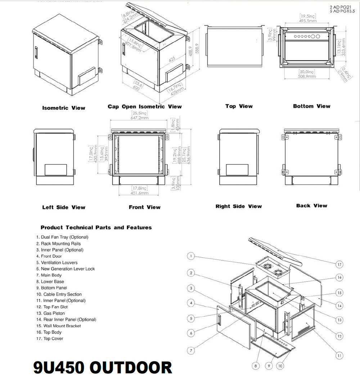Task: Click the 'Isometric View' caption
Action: (x=64, y=108)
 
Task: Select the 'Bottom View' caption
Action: (x=311, y=106)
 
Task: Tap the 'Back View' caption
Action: (x=311, y=206)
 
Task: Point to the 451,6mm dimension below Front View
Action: (x=139, y=193)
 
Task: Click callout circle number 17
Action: (x=339, y=264)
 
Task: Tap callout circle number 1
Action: (x=192, y=257)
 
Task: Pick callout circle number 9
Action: (x=268, y=366)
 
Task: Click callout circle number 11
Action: (x=339, y=356)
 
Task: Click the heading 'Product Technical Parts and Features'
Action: (x=96, y=228)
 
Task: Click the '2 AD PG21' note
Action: (x=340, y=7)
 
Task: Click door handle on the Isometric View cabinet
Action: (x=37, y=53)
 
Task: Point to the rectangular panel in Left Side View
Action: (x=55, y=170)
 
